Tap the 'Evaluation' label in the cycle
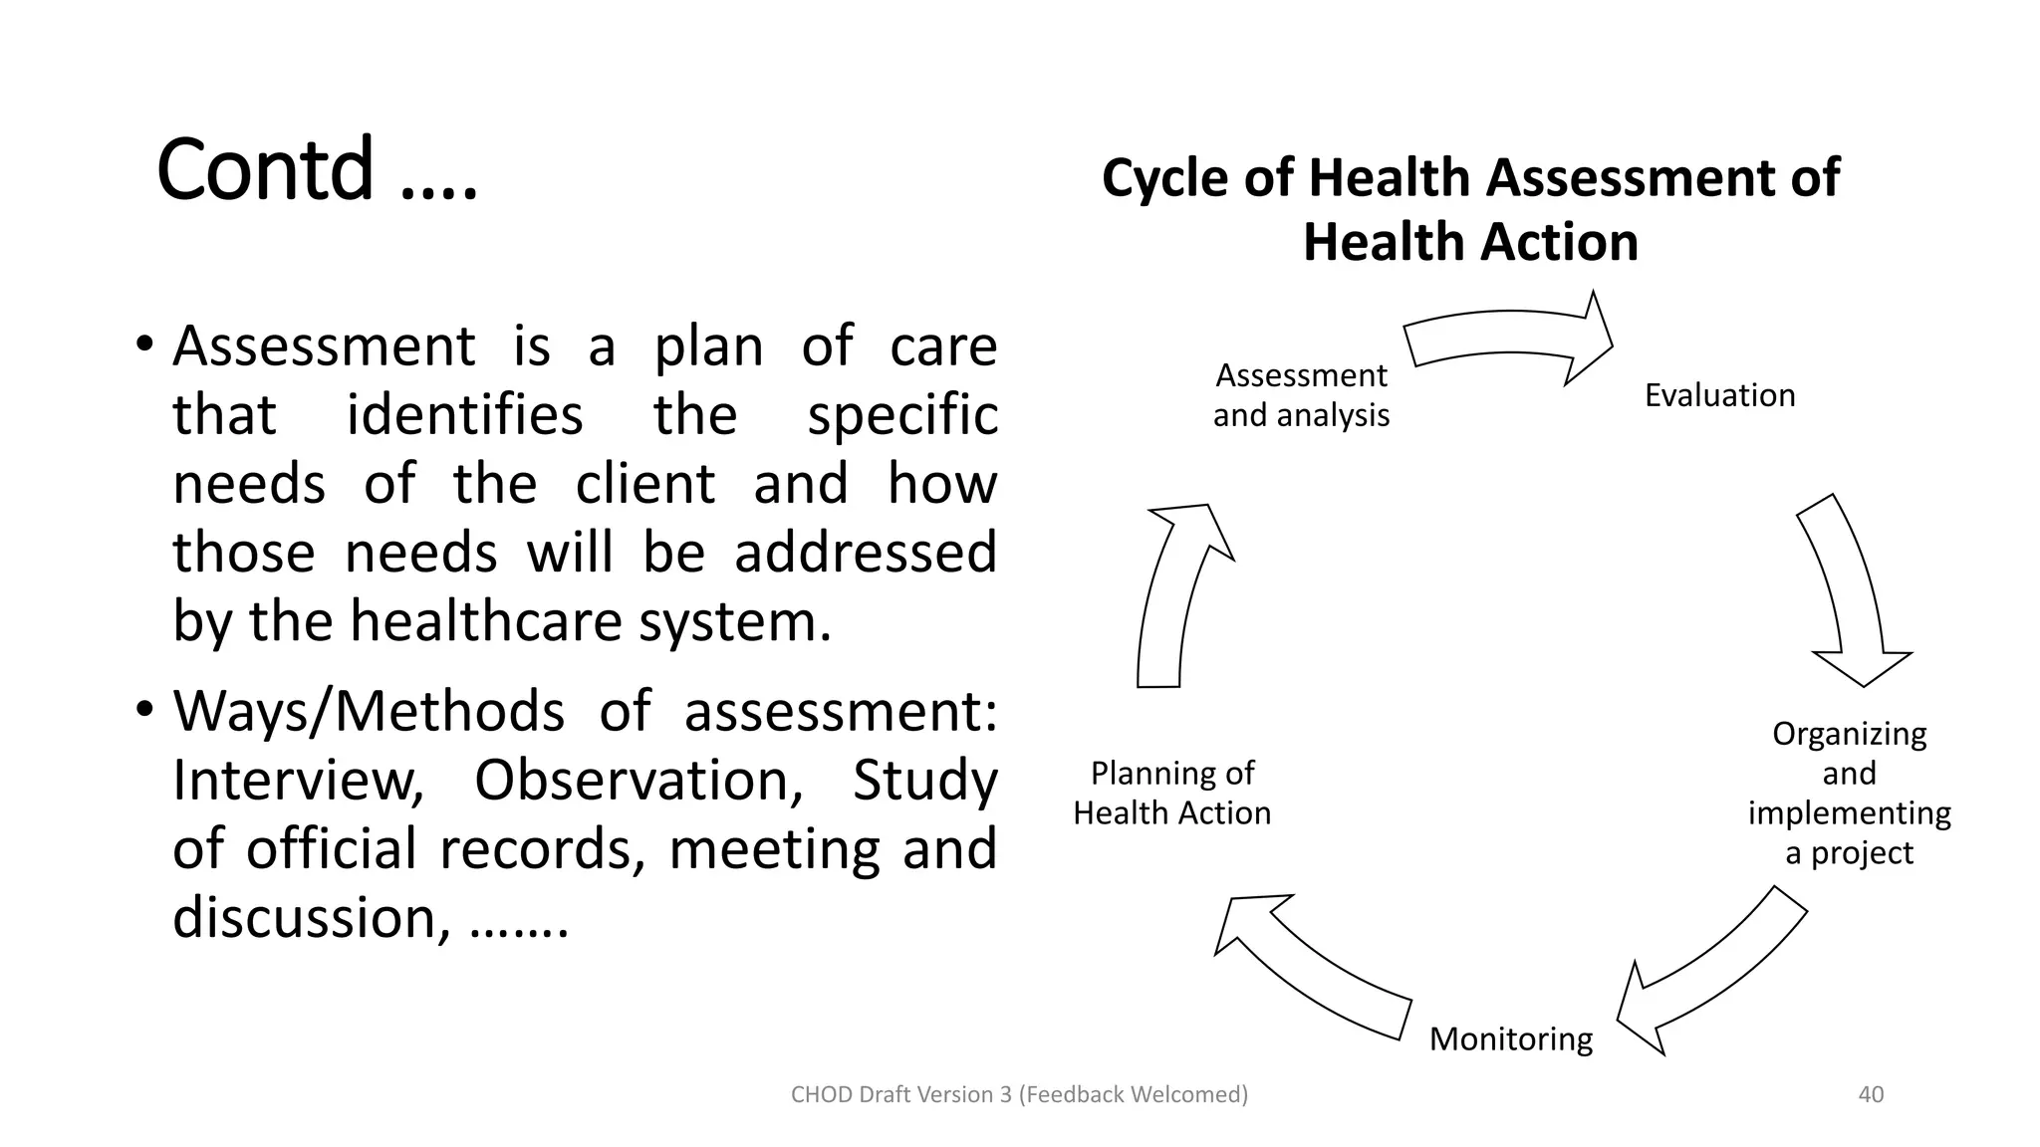(x=1719, y=395)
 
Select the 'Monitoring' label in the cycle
(x=1510, y=1038)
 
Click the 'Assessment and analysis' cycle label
(x=1301, y=395)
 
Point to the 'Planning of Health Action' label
(x=1171, y=793)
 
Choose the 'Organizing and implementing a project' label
(x=1849, y=793)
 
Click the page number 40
(x=1871, y=1094)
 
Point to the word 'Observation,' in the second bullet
(x=638, y=780)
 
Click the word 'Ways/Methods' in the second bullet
(x=369, y=711)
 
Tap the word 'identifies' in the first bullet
(x=464, y=414)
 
